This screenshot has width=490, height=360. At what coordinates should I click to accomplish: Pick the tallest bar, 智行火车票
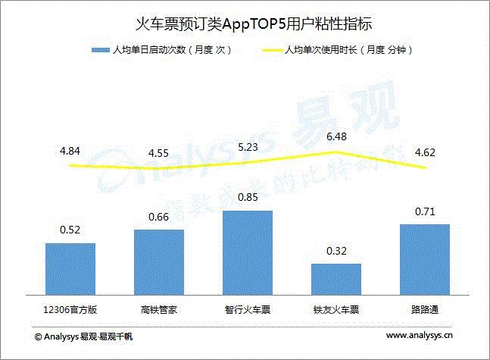point(247,252)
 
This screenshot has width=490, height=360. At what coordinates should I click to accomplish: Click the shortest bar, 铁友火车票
point(336,278)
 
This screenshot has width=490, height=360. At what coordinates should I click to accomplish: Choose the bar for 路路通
point(425,259)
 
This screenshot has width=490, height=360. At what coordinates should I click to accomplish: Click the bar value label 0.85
point(247,198)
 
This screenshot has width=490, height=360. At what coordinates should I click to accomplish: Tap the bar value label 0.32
point(336,251)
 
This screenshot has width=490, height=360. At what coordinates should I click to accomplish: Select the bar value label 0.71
point(425,211)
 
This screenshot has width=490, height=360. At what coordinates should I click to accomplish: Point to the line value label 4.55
point(158,153)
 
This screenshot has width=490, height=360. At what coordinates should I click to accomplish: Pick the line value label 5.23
point(247,146)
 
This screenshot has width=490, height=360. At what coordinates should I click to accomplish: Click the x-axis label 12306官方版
point(70,309)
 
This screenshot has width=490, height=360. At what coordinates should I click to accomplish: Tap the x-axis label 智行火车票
point(247,309)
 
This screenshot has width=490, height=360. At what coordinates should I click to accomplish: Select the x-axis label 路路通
point(425,309)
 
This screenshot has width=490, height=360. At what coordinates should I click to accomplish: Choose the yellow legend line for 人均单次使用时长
point(270,51)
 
